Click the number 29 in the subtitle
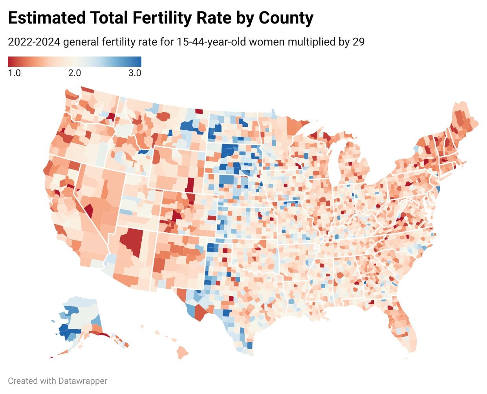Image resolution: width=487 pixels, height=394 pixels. (x=358, y=42)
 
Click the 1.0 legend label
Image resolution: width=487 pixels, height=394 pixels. (x=14, y=73)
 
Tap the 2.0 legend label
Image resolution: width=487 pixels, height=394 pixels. (x=75, y=73)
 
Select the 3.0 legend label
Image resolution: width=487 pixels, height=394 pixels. (x=135, y=73)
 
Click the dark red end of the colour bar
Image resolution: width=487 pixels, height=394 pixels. (x=11, y=62)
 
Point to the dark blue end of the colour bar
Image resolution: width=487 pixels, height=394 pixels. (x=138, y=62)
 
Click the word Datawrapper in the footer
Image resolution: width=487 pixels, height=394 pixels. (x=82, y=381)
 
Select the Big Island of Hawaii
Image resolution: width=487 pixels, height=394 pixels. (x=182, y=352)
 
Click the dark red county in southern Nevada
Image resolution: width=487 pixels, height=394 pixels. (x=89, y=211)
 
